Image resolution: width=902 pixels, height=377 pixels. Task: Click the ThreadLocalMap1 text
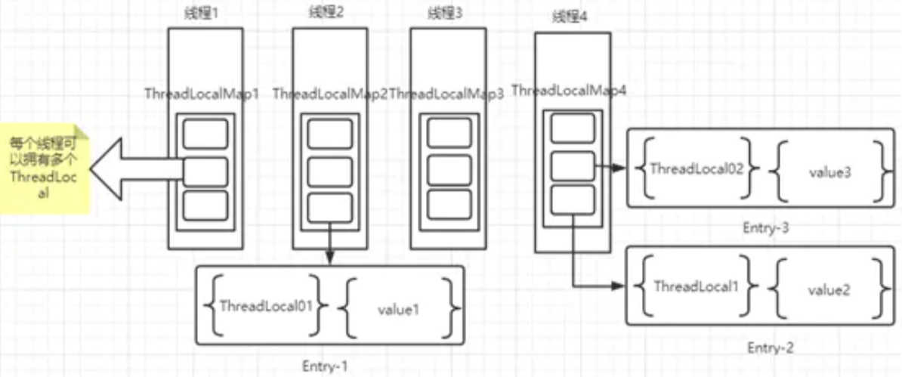coord(202,94)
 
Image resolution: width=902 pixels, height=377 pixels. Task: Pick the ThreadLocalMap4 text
coord(569,91)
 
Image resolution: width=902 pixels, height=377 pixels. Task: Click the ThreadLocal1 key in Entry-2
coord(694,286)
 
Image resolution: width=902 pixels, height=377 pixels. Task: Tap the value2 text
coord(825,289)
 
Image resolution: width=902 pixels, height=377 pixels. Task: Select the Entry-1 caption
coord(325,366)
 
